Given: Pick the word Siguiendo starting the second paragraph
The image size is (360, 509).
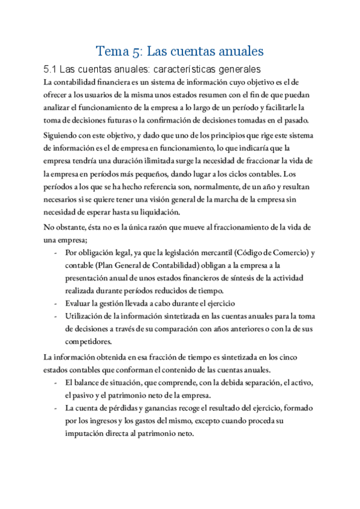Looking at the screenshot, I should pos(64,136).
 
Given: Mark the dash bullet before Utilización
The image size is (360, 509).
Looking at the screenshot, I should pos(56,316).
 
